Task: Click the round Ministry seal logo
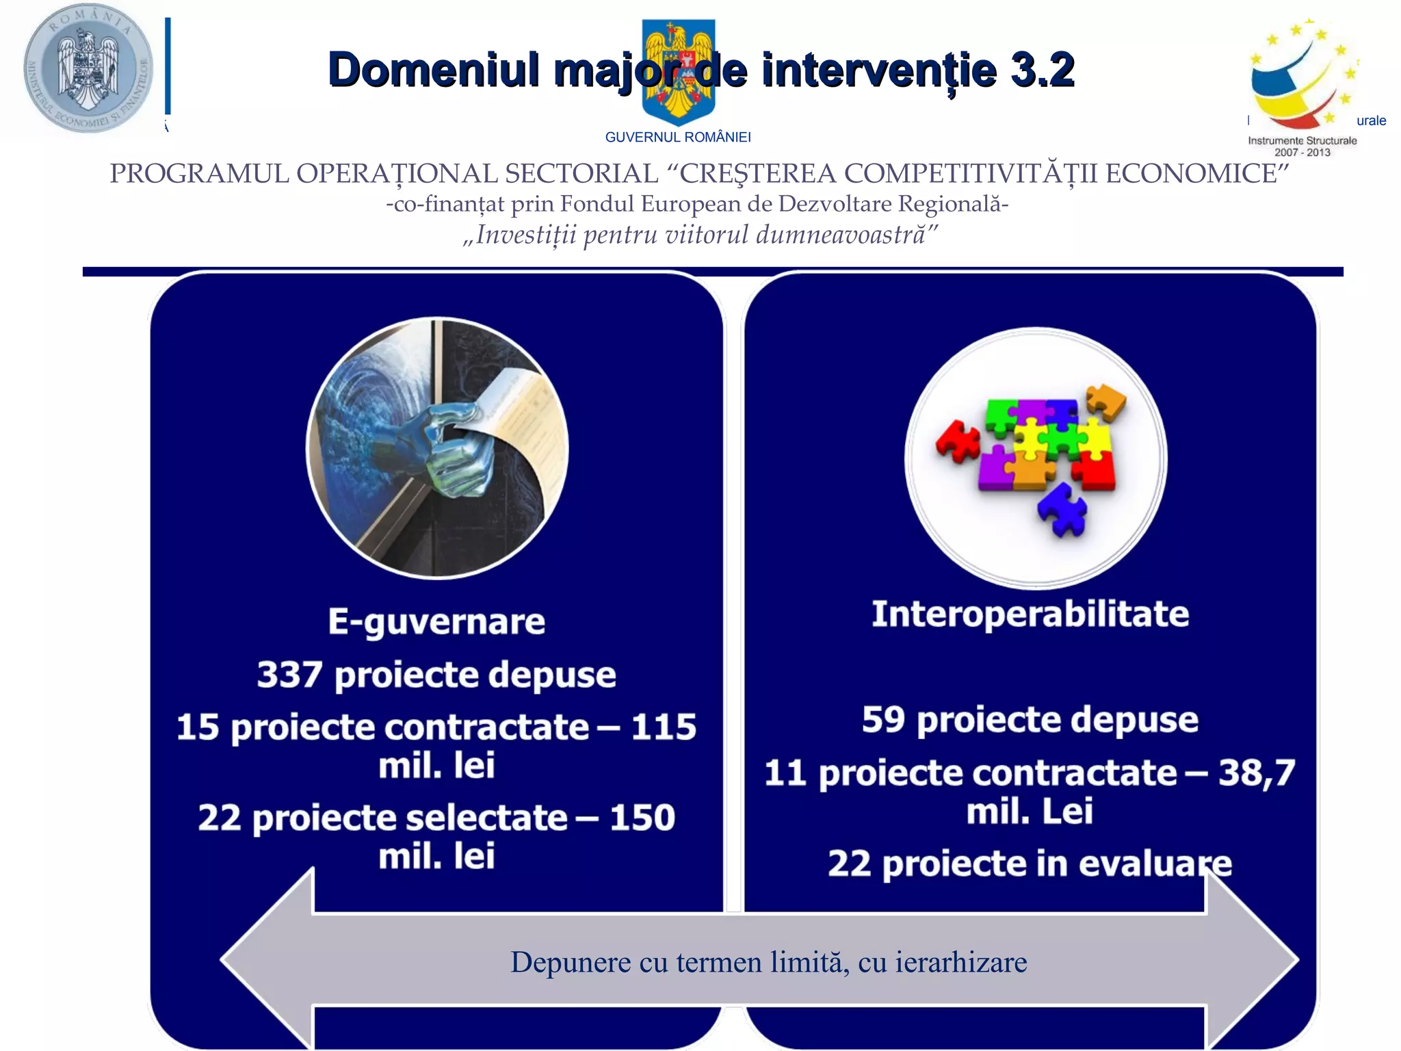pyautogui.click(x=88, y=68)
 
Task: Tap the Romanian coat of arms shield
pyautogui.click(x=679, y=72)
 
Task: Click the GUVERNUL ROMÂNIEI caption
pyautogui.click(x=678, y=138)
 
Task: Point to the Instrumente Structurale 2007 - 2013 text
pyautogui.click(x=1302, y=146)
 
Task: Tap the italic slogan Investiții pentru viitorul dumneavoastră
pyautogui.click(x=700, y=235)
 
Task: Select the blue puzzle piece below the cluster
pyautogui.click(x=1062, y=508)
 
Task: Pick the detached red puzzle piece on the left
pyautogui.click(x=958, y=441)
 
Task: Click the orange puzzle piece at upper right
pyautogui.click(x=1105, y=401)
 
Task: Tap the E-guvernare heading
pyautogui.click(x=436, y=621)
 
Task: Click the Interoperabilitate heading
pyautogui.click(x=1030, y=613)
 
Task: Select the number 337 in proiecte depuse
pyautogui.click(x=289, y=675)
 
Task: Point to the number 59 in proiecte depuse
pyautogui.click(x=883, y=720)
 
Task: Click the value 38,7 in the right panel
pyautogui.click(x=1257, y=773)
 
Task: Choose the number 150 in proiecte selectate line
pyautogui.click(x=642, y=818)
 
